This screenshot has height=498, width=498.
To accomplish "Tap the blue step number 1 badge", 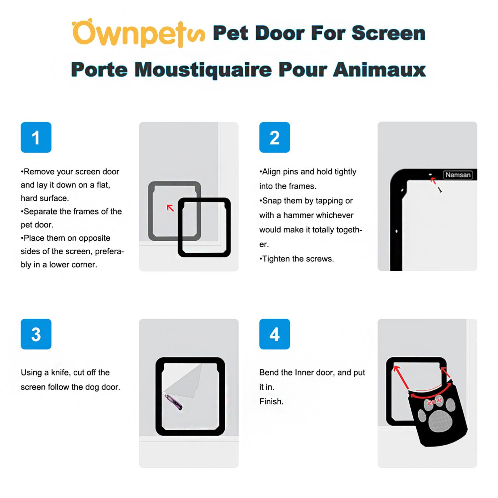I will (x=36, y=137).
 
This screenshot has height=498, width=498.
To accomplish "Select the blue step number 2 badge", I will (x=275, y=137).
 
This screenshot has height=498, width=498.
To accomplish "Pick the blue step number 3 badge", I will (x=36, y=334).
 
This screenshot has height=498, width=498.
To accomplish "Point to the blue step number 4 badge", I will (x=275, y=334).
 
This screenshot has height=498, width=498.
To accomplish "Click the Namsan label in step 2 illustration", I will (x=458, y=175).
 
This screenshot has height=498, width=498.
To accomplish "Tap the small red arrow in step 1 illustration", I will (x=170, y=208).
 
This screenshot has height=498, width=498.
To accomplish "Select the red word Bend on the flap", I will (x=434, y=401).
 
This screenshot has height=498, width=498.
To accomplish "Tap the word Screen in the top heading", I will (x=388, y=33).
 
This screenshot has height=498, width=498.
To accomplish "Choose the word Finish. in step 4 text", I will (x=271, y=402).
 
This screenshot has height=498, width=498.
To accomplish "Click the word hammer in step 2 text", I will (x=296, y=215).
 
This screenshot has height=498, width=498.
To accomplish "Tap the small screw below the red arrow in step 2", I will (x=440, y=190).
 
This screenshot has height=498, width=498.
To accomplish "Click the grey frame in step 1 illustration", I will (x=151, y=212).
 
